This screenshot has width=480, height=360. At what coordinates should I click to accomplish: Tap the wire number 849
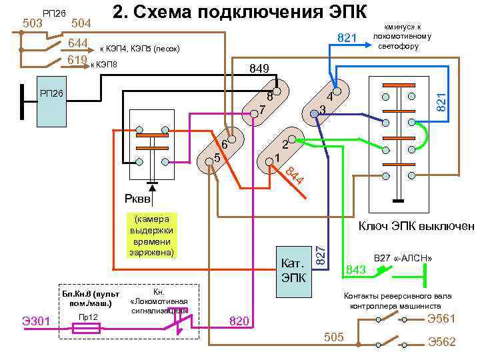pyautogui.click(x=258, y=68)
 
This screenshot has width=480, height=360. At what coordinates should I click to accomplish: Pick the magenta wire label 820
pyautogui.click(x=239, y=322)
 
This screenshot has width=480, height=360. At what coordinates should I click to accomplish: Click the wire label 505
pyautogui.click(x=333, y=337)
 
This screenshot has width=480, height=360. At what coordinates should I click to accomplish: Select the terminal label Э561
pyautogui.click(x=441, y=318)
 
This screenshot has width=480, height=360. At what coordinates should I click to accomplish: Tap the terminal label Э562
pyautogui.click(x=441, y=342)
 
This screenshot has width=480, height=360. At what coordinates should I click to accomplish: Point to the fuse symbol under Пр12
pyautogui.click(x=85, y=328)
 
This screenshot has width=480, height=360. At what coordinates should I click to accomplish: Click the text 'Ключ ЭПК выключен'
pyautogui.click(x=417, y=226)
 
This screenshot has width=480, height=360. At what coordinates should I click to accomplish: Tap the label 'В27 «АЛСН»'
pyautogui.click(x=403, y=258)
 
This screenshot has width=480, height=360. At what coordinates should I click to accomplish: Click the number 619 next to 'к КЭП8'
pyautogui.click(x=77, y=61)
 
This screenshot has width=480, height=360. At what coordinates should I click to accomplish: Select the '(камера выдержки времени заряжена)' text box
pyautogui.click(x=152, y=236)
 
